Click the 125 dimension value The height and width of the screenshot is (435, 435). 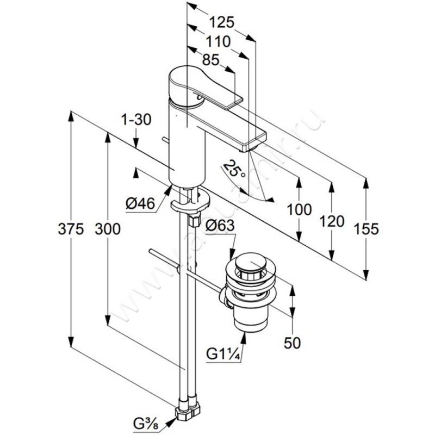(222, 22)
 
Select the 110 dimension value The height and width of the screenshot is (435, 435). (218, 41)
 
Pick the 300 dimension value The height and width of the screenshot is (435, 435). (109, 229)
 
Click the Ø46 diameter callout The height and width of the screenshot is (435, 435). (140, 204)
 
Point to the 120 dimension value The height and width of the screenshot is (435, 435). (332, 221)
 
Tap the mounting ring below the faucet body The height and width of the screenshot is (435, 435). (188, 205)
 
